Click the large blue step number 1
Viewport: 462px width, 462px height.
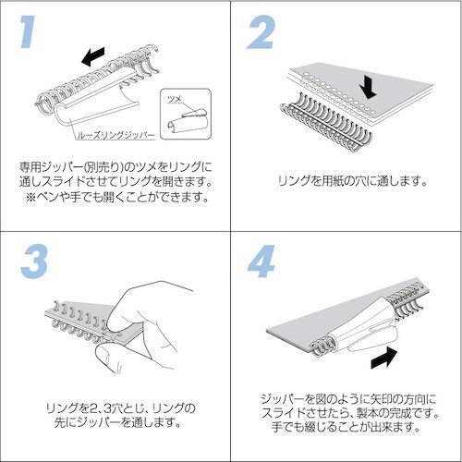tap(29, 31)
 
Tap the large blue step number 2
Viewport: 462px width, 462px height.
tap(261, 32)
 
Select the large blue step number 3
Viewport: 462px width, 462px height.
tap(34, 261)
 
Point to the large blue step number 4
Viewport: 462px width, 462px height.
tap(261, 261)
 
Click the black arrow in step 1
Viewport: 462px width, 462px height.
tap(93, 56)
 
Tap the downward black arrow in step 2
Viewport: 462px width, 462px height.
tap(368, 87)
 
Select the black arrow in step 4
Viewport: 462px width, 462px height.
tap(384, 358)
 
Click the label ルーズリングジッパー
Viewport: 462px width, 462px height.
tap(115, 135)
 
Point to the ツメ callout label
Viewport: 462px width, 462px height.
tap(175, 100)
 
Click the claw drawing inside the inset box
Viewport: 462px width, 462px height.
tap(187, 121)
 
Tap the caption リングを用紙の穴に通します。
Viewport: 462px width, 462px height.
tap(353, 181)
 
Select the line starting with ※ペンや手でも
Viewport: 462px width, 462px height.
tap(117, 197)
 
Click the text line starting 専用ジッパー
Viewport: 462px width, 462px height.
tap(115, 167)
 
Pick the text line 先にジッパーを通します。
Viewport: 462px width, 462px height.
tap(117, 422)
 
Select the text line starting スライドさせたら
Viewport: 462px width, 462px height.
tap(350, 413)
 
